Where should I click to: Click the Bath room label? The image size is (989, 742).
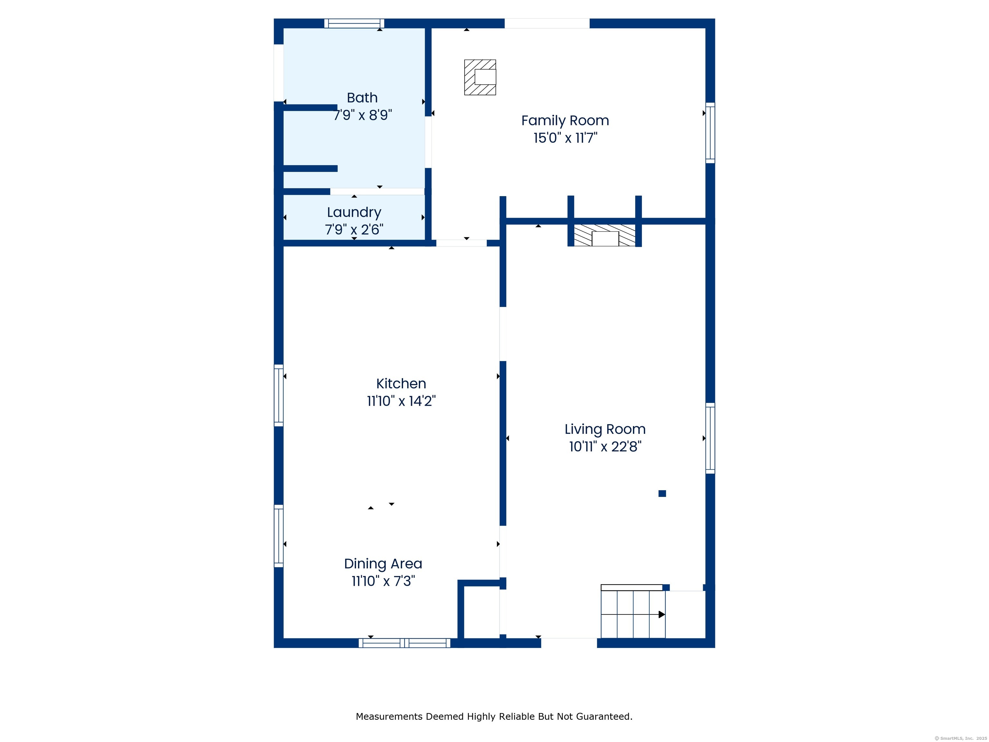(x=362, y=98)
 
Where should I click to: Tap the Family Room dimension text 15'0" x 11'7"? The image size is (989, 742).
(x=565, y=138)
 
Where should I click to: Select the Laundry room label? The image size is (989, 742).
(x=354, y=213)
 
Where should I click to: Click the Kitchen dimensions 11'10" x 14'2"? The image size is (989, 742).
(x=401, y=401)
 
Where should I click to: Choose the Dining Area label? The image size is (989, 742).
(x=383, y=564)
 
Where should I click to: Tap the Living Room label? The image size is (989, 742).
(x=605, y=429)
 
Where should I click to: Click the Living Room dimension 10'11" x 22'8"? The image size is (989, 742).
(x=605, y=446)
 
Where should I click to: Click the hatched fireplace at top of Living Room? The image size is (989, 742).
(x=605, y=235)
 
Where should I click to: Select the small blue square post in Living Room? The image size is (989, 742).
(x=662, y=493)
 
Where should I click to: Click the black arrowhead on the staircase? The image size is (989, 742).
(x=662, y=614)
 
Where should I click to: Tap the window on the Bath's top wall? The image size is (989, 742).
(x=354, y=23)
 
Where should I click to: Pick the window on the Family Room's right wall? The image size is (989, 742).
(x=710, y=133)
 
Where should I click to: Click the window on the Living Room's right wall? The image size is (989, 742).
(x=710, y=438)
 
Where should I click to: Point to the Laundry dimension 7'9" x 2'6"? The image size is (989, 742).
(x=354, y=229)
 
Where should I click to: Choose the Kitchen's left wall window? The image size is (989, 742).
(x=278, y=395)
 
